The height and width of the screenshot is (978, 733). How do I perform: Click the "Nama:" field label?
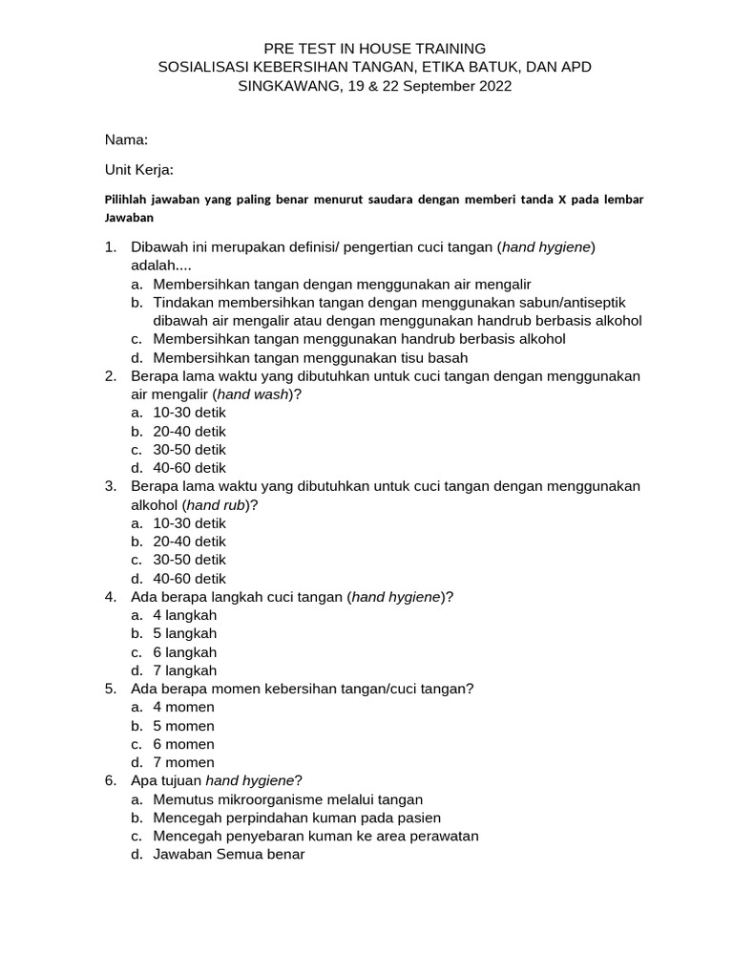(126, 140)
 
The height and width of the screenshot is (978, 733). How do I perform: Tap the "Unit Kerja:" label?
(138, 170)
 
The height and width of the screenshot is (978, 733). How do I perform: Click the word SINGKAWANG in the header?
(281, 86)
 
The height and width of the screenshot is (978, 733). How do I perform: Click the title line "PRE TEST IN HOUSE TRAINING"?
(375, 48)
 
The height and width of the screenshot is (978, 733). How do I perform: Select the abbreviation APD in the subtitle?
(576, 67)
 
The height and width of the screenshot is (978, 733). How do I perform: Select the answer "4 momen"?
(183, 707)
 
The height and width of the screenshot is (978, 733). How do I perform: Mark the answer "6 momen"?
(183, 744)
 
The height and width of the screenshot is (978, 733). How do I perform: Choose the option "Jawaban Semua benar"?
(228, 854)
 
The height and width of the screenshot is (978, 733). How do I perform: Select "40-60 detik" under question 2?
(189, 468)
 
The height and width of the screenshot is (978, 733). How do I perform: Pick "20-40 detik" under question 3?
(189, 542)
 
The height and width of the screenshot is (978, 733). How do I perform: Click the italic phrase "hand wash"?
(252, 394)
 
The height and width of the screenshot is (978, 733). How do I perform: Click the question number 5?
(110, 689)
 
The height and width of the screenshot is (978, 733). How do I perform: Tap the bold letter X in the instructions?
(562, 200)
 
